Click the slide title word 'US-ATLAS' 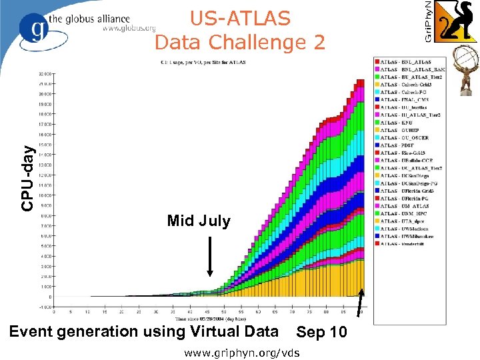pyautogui.click(x=240, y=19)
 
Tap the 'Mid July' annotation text pyautogui.click(x=199, y=221)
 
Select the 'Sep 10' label pyautogui.click(x=321, y=332)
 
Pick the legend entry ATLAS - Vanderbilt pyautogui.click(x=407, y=243)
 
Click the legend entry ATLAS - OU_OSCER pyautogui.click(x=407, y=138)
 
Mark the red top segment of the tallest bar pyautogui.click(x=359, y=83)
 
